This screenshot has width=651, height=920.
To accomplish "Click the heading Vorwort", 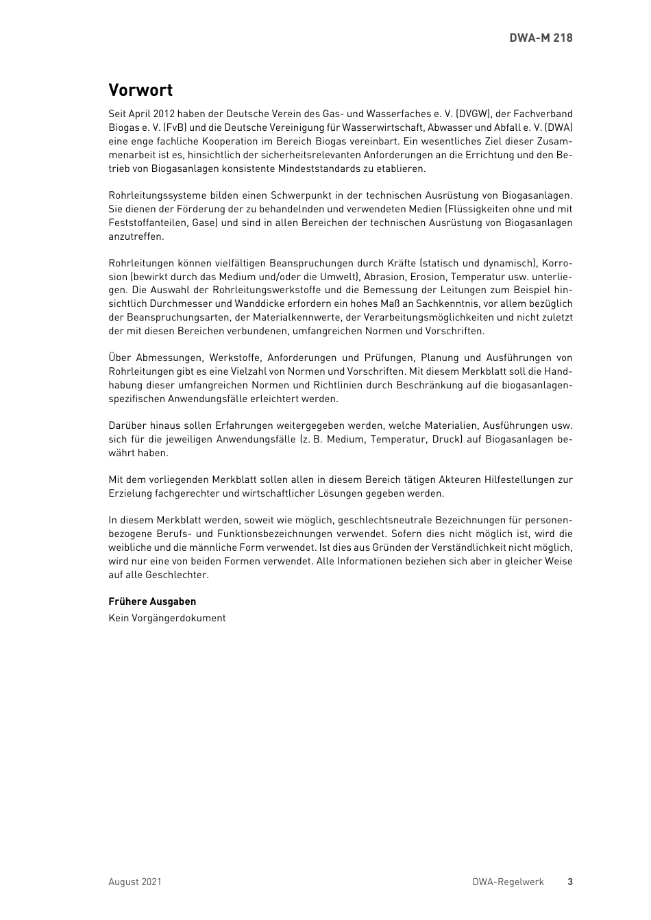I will pyautogui.click(x=140, y=90).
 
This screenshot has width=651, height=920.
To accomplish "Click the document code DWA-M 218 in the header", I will pyautogui.click(x=541, y=38).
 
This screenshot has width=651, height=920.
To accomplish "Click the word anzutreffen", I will pyautogui.click(x=136, y=236).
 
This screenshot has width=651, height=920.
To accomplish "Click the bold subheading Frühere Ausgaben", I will pyautogui.click(x=152, y=601).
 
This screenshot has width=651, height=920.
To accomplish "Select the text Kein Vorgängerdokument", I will pyautogui.click(x=167, y=618).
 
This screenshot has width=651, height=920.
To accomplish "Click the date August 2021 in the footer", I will pyautogui.click(x=135, y=882).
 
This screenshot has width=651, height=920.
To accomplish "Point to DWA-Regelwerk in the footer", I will pyautogui.click(x=508, y=882).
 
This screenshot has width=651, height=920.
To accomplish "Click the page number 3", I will pyautogui.click(x=569, y=882).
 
